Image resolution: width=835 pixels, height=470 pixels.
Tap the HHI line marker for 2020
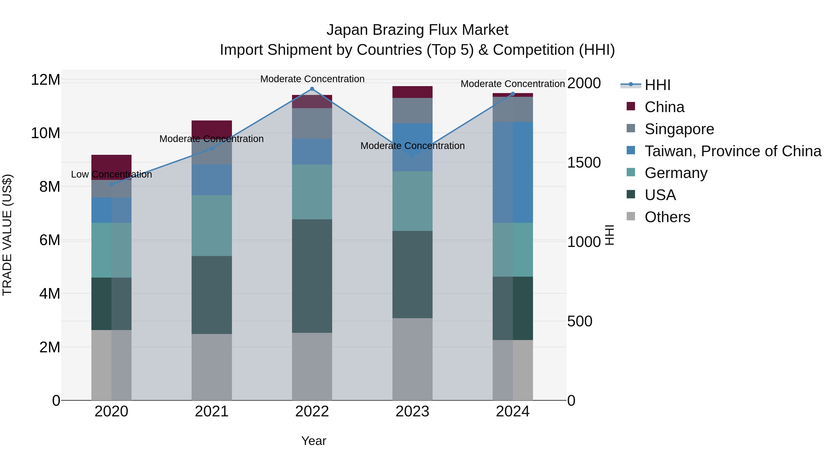pos(112,184)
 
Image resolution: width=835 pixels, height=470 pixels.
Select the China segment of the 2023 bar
pos(412,92)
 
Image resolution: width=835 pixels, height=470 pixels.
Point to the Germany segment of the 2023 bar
pos(412,201)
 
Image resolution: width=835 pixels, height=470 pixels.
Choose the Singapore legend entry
pos(679,129)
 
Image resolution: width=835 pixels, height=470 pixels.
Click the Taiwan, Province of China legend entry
pos(732,151)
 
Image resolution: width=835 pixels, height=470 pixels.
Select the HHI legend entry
pos(657,85)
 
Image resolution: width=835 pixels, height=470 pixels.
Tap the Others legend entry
pos(667,217)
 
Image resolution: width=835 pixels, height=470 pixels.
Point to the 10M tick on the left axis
pos(45,133)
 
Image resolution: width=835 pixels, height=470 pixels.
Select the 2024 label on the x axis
pos(512,412)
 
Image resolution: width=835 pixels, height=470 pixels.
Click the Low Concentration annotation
pos(112,175)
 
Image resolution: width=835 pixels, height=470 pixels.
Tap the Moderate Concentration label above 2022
pos(312,79)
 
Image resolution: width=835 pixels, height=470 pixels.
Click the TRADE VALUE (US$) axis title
pos(7,235)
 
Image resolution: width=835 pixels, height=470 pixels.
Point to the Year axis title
pos(313,441)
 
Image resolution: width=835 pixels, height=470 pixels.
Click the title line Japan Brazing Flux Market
pos(417,30)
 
